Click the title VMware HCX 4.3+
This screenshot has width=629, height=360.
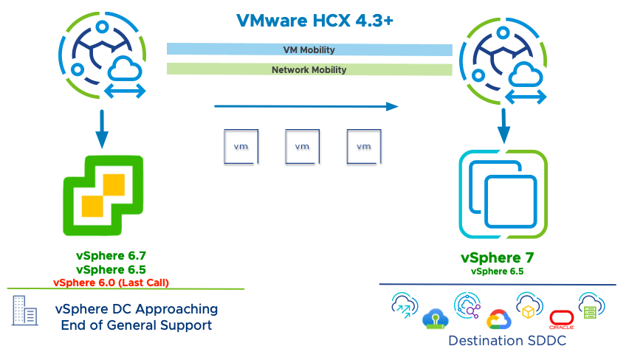coord(314,20)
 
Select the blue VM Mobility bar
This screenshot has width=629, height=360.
coord(309,50)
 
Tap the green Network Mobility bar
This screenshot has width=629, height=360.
coord(309,70)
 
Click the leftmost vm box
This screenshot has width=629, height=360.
coord(241,146)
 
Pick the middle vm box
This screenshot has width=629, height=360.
coord(302,146)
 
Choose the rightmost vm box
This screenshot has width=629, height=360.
coord(363,146)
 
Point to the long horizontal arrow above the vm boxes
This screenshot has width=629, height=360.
coord(306,106)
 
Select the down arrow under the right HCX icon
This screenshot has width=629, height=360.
coord(504,125)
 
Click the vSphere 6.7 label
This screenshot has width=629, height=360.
coord(111,256)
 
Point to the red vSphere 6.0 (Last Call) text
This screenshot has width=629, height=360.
coord(111,282)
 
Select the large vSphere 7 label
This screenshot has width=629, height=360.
coord(497,257)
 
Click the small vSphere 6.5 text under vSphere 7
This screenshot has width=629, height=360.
coord(497,271)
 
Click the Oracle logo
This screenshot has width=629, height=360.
coord(561,319)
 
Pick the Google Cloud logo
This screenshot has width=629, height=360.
coord(499,319)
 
